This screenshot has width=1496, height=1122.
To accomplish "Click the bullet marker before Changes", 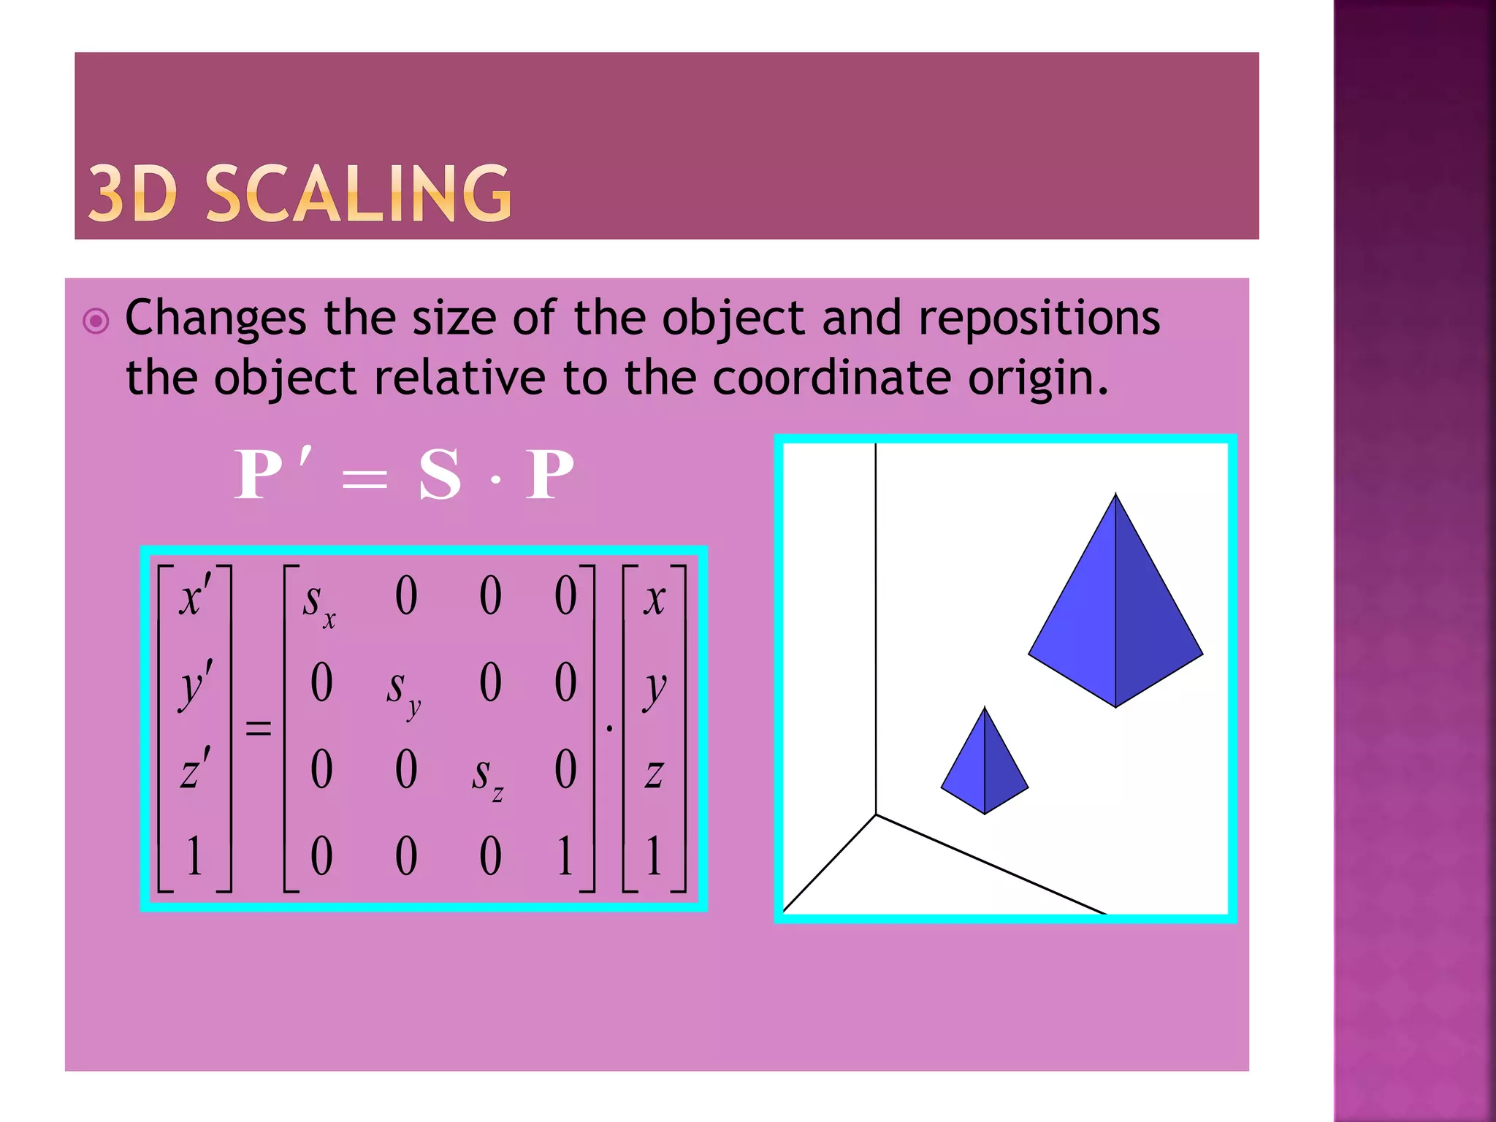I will pos(96,321).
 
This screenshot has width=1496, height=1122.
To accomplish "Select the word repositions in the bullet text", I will pos(1039,319).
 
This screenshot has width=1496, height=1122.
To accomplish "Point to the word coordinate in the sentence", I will pos(831,378).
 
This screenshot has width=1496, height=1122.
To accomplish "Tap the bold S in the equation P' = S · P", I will pos(440,475).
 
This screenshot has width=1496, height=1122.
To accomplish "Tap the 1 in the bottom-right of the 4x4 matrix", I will pos(565,855).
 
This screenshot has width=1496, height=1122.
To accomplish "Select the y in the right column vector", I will pos(654,688).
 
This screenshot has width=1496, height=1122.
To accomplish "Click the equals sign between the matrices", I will pos(258,728).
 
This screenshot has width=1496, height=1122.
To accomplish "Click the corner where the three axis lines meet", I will pos(876,814).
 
